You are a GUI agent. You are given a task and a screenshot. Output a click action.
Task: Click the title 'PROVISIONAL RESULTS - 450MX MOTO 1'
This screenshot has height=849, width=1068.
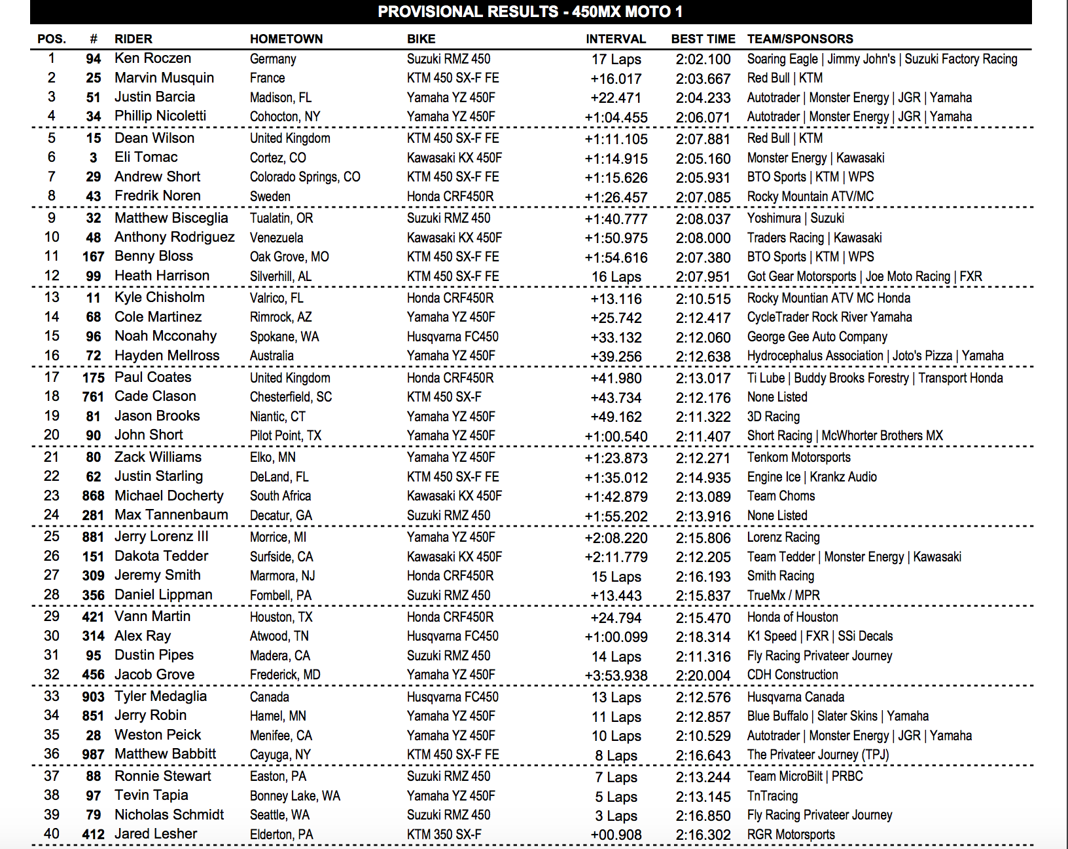(530, 12)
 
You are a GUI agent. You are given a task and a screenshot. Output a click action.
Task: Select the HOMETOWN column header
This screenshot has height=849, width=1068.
(286, 39)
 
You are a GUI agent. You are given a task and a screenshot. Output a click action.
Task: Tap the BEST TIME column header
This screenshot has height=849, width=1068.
(703, 39)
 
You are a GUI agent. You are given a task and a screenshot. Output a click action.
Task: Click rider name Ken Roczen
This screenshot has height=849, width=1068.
(152, 58)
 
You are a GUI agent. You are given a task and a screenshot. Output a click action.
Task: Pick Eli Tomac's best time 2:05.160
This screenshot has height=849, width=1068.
(703, 158)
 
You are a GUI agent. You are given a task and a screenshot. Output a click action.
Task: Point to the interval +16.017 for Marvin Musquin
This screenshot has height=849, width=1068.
(616, 79)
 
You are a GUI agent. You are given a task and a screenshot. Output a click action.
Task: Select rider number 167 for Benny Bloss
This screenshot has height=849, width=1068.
(93, 257)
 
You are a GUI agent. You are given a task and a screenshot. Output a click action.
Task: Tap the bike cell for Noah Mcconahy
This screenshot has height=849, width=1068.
(452, 337)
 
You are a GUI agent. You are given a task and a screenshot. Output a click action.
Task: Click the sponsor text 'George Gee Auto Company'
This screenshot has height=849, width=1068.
(817, 337)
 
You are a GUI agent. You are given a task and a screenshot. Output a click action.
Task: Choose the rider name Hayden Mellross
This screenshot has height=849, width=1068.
(167, 356)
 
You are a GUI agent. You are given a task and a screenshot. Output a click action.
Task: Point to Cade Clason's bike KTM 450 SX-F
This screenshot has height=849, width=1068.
(444, 397)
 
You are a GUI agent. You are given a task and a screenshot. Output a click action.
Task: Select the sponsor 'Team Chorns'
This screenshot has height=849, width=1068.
(781, 496)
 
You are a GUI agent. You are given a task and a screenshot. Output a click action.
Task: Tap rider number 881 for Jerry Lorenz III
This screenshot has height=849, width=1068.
(93, 537)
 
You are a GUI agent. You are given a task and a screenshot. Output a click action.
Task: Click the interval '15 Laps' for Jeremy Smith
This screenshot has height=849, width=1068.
(616, 576)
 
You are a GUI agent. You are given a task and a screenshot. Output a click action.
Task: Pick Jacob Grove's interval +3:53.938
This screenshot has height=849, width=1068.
(616, 675)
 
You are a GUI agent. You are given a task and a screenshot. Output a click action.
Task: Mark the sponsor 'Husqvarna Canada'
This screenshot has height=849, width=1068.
(795, 697)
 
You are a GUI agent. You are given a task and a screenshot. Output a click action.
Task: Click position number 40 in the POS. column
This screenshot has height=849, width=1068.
(52, 834)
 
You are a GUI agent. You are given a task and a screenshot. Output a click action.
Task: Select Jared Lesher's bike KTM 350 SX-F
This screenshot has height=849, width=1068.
(444, 835)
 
